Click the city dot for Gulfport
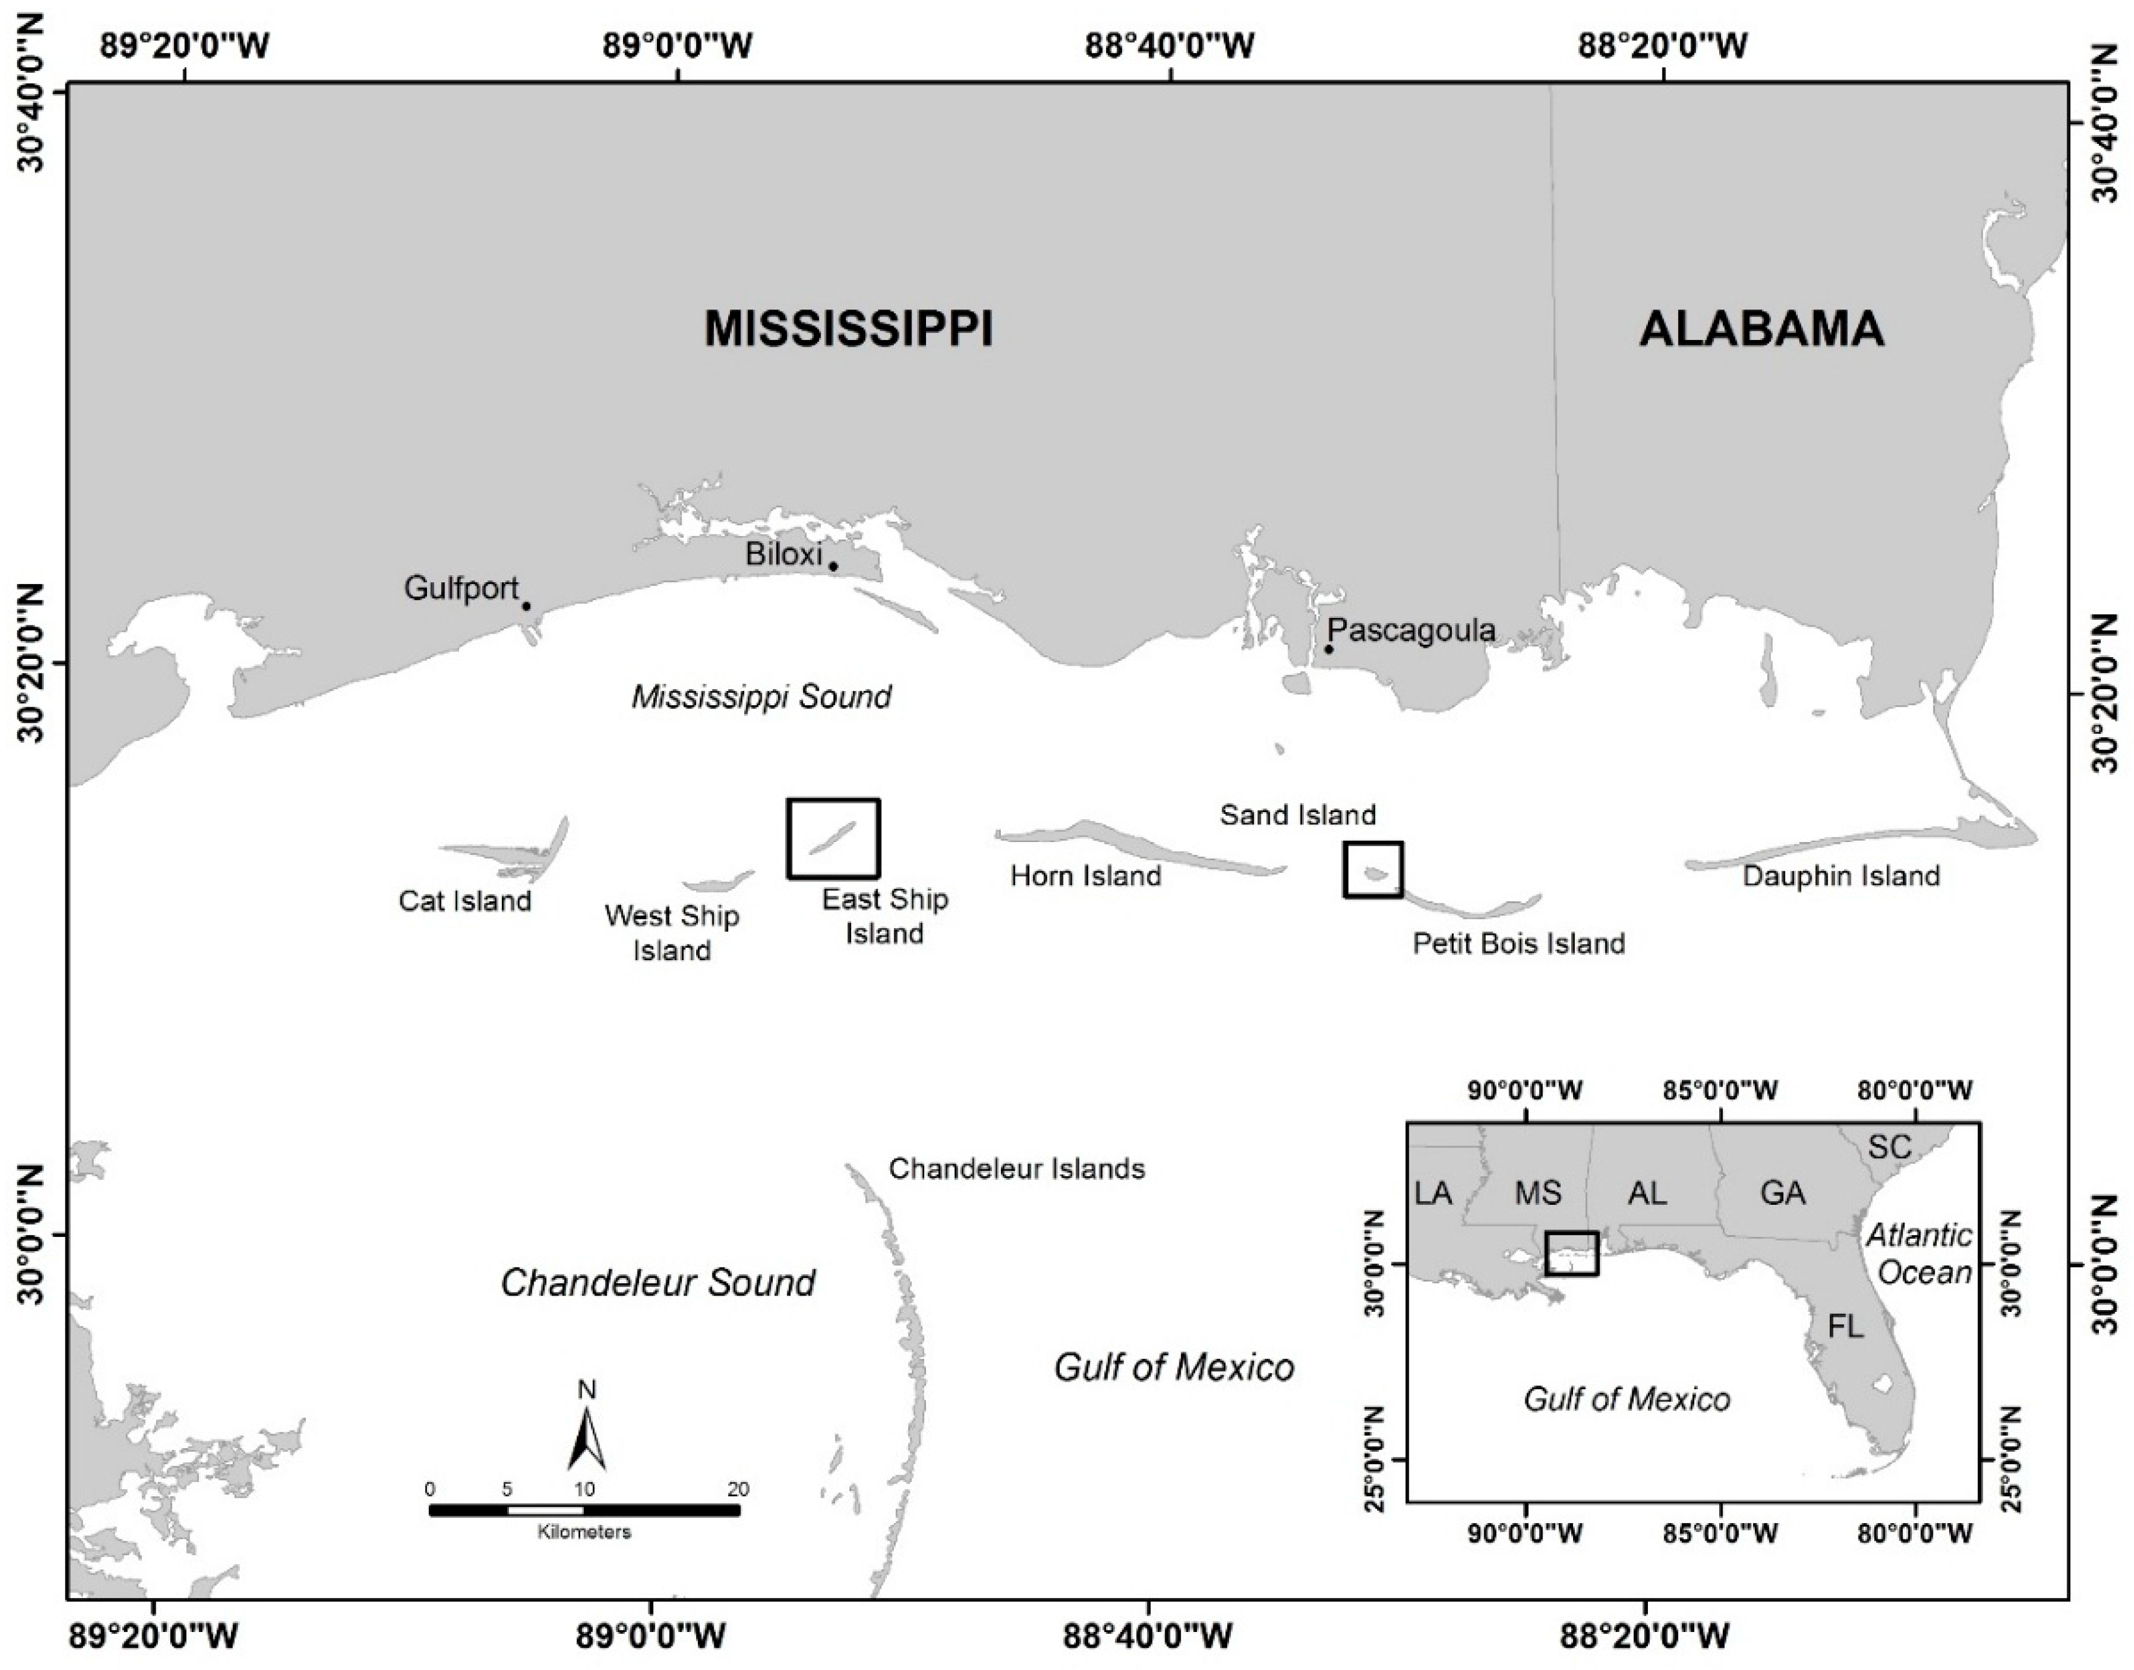click(x=526, y=606)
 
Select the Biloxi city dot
click(x=833, y=566)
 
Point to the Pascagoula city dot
click(x=1328, y=650)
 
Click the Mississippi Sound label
click(x=762, y=697)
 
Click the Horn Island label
click(x=1086, y=875)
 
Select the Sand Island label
click(x=1297, y=815)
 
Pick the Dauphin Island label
click(x=1841, y=876)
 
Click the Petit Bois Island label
click(x=1518, y=943)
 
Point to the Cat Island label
click(x=464, y=901)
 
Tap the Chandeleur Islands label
click(x=1017, y=1169)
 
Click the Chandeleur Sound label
click(x=658, y=1283)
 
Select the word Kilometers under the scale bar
click(x=584, y=1532)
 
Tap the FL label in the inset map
click(x=1846, y=1327)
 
